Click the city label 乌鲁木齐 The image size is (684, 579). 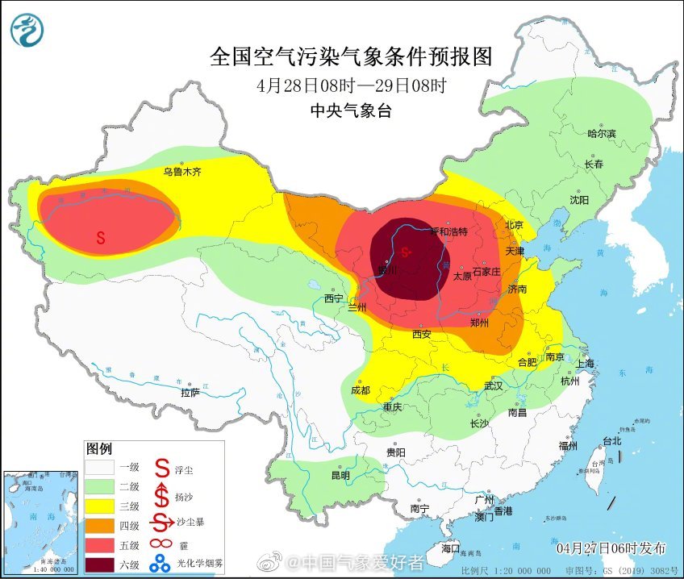pyautogui.click(x=181, y=172)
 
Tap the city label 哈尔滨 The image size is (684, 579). pyautogui.click(x=601, y=133)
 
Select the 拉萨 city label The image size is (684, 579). pyautogui.click(x=190, y=393)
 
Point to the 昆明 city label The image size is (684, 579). pyautogui.click(x=340, y=475)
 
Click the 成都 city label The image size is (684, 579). pyautogui.click(x=361, y=389)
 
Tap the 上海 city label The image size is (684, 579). pyautogui.click(x=584, y=364)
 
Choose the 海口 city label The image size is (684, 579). pyautogui.click(x=451, y=548)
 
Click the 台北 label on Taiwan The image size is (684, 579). pyautogui.click(x=612, y=440)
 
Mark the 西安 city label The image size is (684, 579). pyautogui.click(x=421, y=333)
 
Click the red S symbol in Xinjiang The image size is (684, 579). pyautogui.click(x=101, y=238)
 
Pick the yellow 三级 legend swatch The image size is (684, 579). pyautogui.click(x=102, y=505)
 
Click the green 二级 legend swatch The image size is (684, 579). pyautogui.click(x=102, y=486)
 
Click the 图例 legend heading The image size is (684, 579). pyautogui.click(x=99, y=448)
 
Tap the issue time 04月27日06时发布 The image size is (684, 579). pyautogui.click(x=611, y=548)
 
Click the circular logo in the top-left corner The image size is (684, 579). pyautogui.click(x=27, y=31)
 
